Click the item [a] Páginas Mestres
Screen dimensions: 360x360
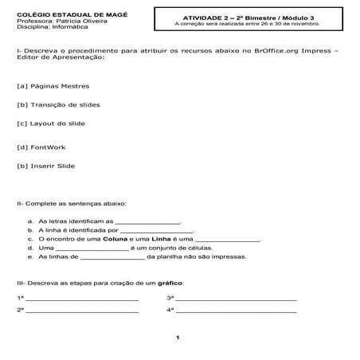tap(53, 85)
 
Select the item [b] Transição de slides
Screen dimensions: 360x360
tap(58, 104)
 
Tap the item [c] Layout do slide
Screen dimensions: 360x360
tap(50, 123)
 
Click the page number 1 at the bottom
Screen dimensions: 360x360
tap(179, 338)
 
